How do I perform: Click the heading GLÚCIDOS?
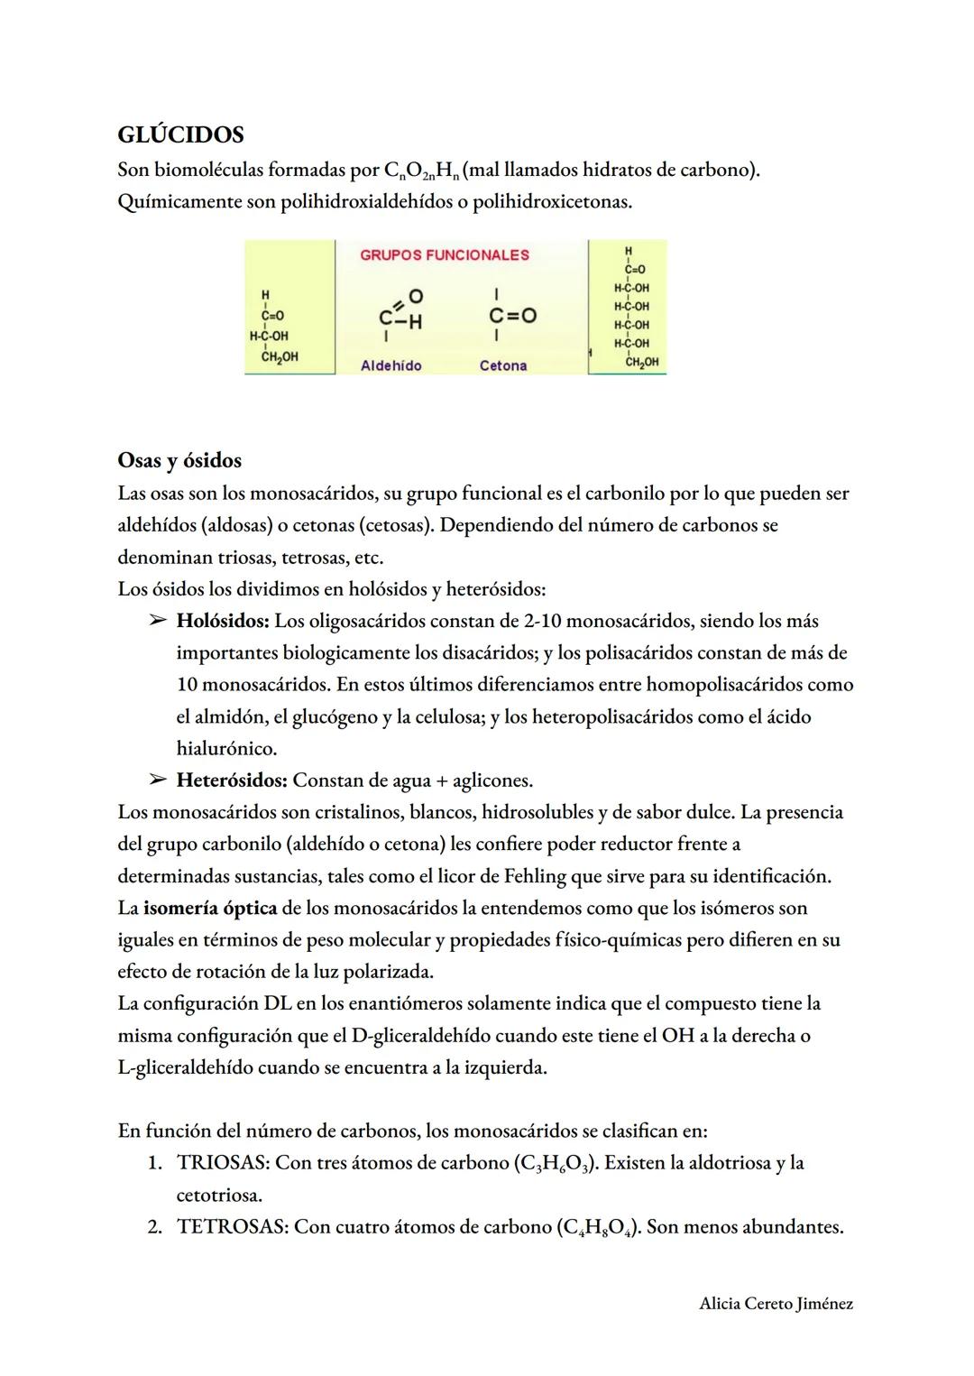pos(180,134)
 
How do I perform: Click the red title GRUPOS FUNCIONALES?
pos(445,255)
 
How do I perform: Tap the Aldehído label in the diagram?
pos(391,365)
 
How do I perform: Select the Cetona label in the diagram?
pos(503,365)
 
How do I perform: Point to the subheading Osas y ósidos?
pos(179,460)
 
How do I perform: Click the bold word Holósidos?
pos(223,621)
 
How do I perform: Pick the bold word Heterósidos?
pos(231,780)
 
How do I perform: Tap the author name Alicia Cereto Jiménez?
pos(776,1303)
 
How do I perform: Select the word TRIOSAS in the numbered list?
pos(223,1163)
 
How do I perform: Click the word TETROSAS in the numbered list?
pos(233,1227)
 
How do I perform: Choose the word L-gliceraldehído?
pos(186,1067)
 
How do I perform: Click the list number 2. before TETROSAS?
pos(155,1227)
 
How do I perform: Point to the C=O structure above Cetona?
pos(511,316)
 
